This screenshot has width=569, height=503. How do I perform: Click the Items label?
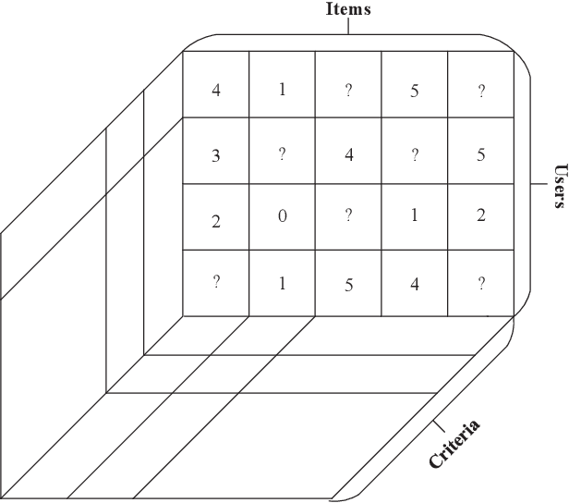coord(348,10)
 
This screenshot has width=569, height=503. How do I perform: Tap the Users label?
coord(559,186)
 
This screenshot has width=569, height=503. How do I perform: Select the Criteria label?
coord(454,444)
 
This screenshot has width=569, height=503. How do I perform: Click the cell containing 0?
coord(282,218)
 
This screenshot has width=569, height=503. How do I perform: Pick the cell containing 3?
coord(215,154)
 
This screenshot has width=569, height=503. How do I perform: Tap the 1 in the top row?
coord(282,91)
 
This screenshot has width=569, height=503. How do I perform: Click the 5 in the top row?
coord(415,92)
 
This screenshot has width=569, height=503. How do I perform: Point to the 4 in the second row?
coord(348,154)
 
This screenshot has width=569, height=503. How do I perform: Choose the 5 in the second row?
coord(481,154)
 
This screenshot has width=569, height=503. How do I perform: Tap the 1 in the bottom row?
coord(282,284)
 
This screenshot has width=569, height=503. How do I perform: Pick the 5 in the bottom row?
coord(348,285)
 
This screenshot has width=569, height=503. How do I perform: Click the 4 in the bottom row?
coord(415,284)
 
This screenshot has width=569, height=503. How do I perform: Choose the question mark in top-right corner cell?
coord(481,92)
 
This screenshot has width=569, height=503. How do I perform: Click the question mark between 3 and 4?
coord(282,154)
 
